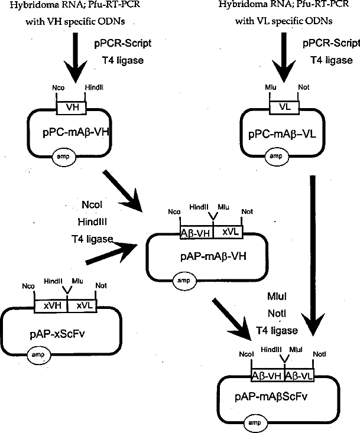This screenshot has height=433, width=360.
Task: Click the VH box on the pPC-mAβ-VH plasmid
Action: click(x=72, y=108)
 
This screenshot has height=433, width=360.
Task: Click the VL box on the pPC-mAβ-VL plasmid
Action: click(x=284, y=107)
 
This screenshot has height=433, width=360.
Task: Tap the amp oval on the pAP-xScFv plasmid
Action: click(x=39, y=355)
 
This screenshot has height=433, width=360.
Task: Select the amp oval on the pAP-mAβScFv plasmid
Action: click(x=255, y=423)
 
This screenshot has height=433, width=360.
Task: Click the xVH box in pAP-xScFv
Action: click(x=51, y=306)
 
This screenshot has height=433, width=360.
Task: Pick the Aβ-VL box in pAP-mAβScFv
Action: click(x=299, y=376)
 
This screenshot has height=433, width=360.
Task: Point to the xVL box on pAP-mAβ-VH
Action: click(x=228, y=232)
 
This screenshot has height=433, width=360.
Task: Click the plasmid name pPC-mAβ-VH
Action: click(x=76, y=132)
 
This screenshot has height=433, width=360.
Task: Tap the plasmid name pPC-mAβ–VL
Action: click(x=282, y=135)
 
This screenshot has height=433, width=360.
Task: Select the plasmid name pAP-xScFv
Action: click(x=57, y=334)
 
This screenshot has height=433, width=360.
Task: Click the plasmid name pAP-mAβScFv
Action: click(x=271, y=397)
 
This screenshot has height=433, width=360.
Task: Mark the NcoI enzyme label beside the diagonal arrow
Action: click(x=92, y=204)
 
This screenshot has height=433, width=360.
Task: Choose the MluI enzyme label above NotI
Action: click(x=277, y=297)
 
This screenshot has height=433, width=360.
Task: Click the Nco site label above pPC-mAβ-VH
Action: click(x=59, y=88)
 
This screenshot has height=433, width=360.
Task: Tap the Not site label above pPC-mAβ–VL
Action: click(x=304, y=87)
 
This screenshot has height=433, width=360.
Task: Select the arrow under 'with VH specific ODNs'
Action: click(x=76, y=57)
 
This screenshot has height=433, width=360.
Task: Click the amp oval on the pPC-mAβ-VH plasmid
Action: click(x=63, y=157)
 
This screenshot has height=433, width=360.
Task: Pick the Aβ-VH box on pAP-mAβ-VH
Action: click(x=197, y=233)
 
